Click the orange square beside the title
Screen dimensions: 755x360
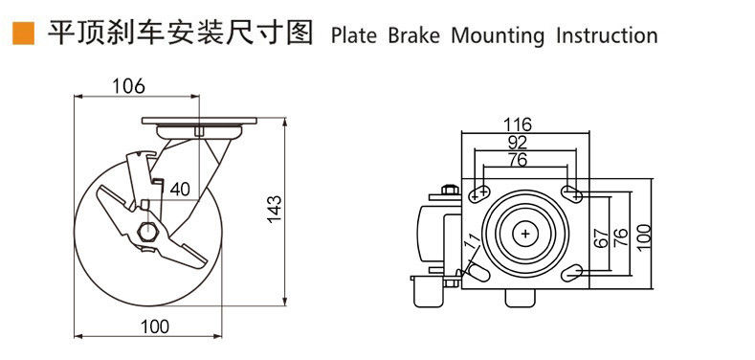click(23, 34)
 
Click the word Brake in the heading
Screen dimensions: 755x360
click(413, 36)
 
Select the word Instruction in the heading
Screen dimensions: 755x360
click(607, 36)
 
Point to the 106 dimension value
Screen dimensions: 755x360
click(128, 86)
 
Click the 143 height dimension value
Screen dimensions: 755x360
click(274, 209)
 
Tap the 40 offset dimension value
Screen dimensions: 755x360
click(180, 190)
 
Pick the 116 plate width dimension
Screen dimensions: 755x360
click(518, 124)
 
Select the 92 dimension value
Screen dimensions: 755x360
click(518, 142)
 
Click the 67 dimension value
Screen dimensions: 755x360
click(601, 238)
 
